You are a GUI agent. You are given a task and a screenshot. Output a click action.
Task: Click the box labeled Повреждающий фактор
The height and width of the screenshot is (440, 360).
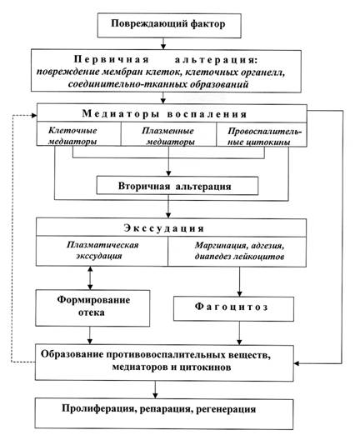[x=169, y=25]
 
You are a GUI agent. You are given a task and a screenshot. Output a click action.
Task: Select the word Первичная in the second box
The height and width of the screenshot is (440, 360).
[x=112, y=59]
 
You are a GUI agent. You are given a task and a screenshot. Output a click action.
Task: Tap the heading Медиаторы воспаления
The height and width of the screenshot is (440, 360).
[x=165, y=113]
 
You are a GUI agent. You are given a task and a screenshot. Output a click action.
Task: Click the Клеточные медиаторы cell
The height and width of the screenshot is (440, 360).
[x=79, y=134]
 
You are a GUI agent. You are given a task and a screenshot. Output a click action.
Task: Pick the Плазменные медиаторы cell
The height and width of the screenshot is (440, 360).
[x=168, y=134]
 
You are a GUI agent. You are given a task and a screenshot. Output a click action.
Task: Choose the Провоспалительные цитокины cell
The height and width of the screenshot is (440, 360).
[x=262, y=134]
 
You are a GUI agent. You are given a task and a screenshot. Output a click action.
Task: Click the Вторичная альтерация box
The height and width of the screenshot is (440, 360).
[x=177, y=186]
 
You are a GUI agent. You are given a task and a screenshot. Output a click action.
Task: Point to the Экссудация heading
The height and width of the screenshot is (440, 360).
[x=164, y=228]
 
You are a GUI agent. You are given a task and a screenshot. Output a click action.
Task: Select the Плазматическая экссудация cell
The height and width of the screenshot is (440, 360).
[x=102, y=251]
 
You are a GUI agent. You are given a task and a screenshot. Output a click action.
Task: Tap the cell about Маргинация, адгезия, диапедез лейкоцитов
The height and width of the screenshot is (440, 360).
[x=237, y=251]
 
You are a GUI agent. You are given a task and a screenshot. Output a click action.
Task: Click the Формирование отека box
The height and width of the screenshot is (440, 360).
[x=92, y=307]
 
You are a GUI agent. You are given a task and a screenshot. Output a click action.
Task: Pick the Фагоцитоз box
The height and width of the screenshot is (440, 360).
[x=233, y=308]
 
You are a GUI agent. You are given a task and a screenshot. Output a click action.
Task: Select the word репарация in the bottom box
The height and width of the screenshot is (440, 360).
[x=166, y=409]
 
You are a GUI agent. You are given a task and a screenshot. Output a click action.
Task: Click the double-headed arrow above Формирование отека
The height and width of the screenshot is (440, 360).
[x=90, y=277]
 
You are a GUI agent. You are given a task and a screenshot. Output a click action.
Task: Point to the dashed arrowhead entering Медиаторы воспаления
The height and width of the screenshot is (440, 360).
[x=34, y=115]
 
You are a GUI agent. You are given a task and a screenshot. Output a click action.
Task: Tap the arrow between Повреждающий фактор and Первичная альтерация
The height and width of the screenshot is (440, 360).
[x=163, y=43]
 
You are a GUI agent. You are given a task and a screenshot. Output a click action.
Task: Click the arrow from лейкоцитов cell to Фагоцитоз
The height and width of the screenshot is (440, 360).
[x=239, y=282]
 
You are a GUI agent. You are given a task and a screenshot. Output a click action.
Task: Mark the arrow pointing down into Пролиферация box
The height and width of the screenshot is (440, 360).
[x=155, y=389]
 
